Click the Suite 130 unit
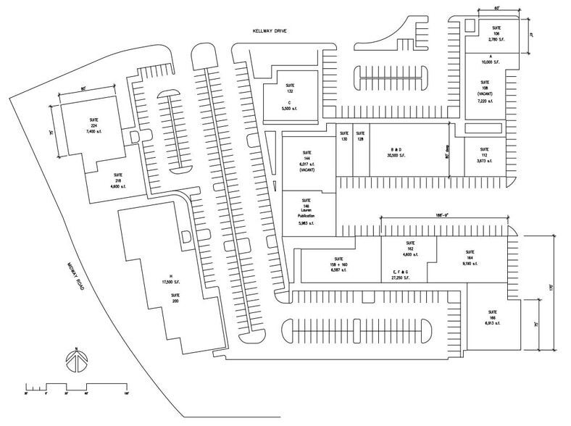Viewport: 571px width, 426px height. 344,139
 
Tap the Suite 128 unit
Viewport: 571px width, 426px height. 360,139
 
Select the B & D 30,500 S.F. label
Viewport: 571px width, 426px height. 401,153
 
